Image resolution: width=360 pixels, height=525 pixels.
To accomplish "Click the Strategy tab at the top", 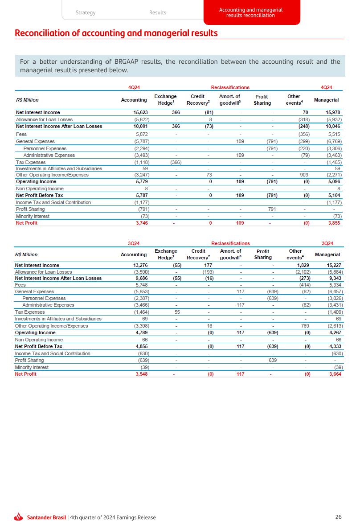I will [x=86, y=12].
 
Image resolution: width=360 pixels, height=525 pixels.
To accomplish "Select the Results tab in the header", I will [x=158, y=12].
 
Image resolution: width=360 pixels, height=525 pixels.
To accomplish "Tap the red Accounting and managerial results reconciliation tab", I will [x=251, y=12].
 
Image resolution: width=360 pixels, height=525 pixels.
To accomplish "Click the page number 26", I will [x=339, y=517].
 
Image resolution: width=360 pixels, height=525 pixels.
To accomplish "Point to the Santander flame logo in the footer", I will [x=18, y=517].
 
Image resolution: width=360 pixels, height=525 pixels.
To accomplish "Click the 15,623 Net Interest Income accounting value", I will [x=137, y=112].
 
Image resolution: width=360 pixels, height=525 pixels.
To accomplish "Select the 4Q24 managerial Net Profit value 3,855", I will [x=334, y=223].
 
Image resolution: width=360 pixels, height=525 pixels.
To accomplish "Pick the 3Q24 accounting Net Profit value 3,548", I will [x=139, y=374].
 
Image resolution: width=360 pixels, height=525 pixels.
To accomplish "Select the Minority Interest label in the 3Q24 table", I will [x=32, y=367].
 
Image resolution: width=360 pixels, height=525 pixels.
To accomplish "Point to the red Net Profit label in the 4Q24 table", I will [x=27, y=223].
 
